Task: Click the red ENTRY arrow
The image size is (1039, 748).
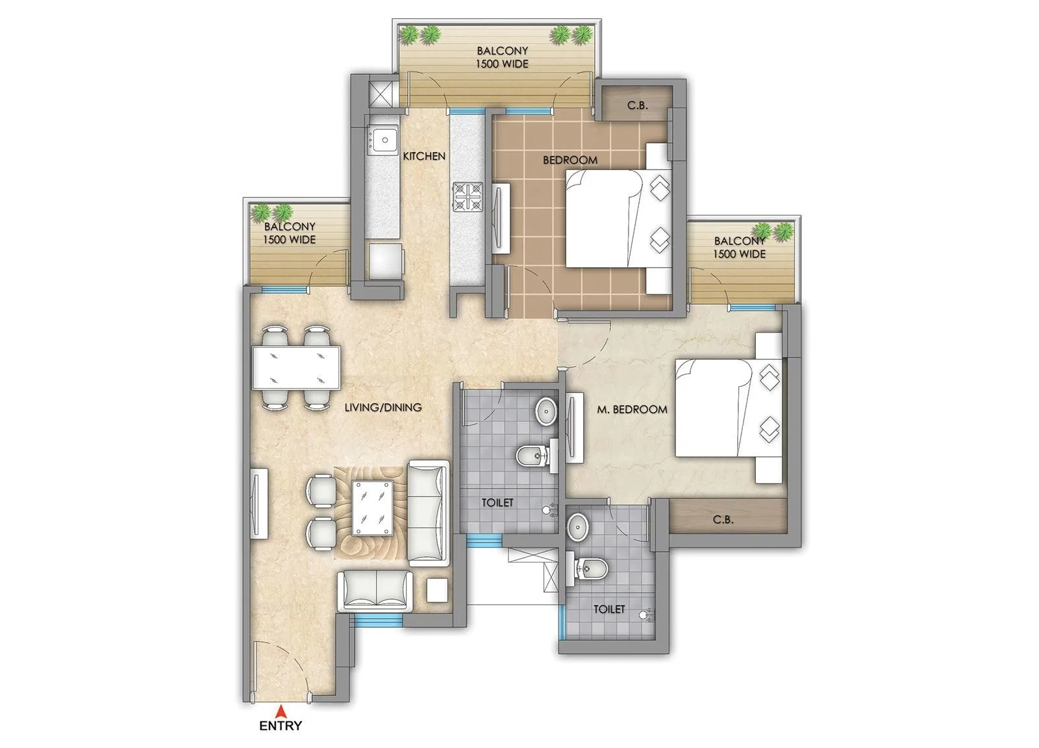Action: (x=281, y=711)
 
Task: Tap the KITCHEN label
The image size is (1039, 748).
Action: (x=424, y=156)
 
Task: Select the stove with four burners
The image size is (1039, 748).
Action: (x=468, y=196)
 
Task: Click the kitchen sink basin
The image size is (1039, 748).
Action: (x=384, y=140)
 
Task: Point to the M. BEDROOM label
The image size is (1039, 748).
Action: (x=632, y=409)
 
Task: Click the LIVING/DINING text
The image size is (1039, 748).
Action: (x=382, y=407)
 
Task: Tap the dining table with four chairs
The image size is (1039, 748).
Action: (x=296, y=368)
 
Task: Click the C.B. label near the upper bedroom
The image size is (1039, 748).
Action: (x=638, y=105)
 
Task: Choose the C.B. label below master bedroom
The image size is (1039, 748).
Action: (x=723, y=520)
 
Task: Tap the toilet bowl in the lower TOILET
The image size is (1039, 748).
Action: (x=590, y=570)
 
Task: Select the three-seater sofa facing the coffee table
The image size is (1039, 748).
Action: (x=428, y=511)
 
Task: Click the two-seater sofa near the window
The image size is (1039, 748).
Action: (x=375, y=591)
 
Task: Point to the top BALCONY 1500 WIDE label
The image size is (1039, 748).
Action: (x=502, y=57)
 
